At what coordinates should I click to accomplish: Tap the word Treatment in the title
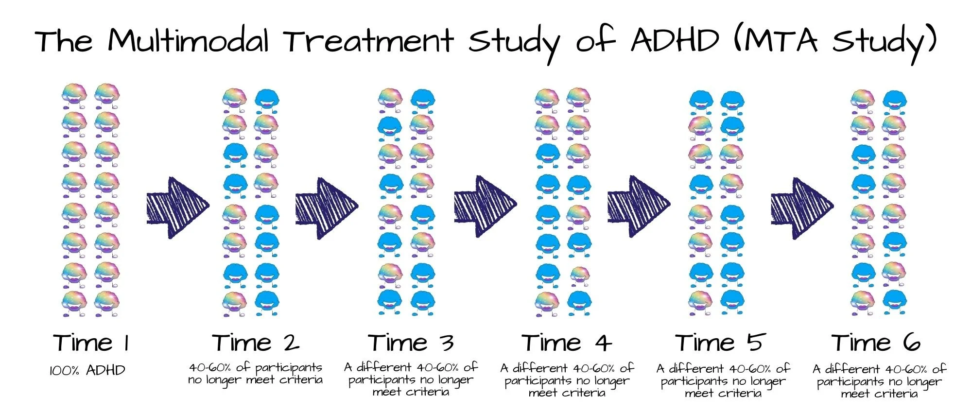tap(369, 41)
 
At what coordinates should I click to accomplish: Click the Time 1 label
tap(91, 343)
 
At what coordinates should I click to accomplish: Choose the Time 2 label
tap(256, 343)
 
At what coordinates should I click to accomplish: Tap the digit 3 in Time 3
tap(448, 343)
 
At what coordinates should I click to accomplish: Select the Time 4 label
tap(567, 343)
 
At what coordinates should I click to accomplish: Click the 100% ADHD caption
tap(87, 371)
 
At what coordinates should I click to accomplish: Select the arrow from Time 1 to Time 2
tap(177, 207)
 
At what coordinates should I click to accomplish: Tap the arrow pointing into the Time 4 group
tap(485, 206)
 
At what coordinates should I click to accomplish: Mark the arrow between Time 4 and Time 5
tap(639, 206)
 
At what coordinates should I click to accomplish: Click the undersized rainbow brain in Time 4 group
tap(578, 276)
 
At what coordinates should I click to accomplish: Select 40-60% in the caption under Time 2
tap(211, 368)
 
